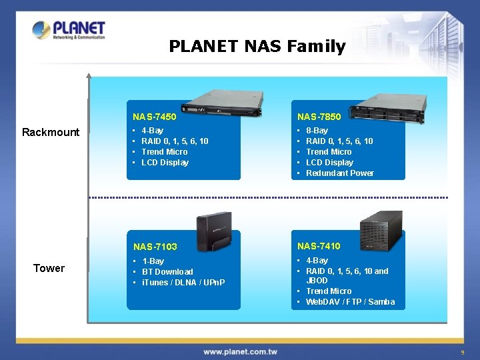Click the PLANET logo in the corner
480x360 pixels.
pos(69,30)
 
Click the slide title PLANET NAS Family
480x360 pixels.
pos(257,46)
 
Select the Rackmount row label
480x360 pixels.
pos(51,132)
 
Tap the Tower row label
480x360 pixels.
pos(49,268)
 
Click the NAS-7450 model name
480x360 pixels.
pos(154,117)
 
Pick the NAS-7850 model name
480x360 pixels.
pos(319,117)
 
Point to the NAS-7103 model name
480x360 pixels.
pos(155,247)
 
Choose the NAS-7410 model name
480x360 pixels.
pos(319,246)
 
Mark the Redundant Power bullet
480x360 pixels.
pos(339,173)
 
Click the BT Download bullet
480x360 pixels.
pos(167,272)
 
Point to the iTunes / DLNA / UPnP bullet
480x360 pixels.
pos(183,283)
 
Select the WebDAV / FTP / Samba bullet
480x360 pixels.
pos(350,302)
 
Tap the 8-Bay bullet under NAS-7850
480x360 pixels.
pos(317,131)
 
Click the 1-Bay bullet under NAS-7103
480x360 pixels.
pos(153,261)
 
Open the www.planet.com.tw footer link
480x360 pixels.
pos(240,351)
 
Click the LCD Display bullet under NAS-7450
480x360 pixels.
pos(165,163)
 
